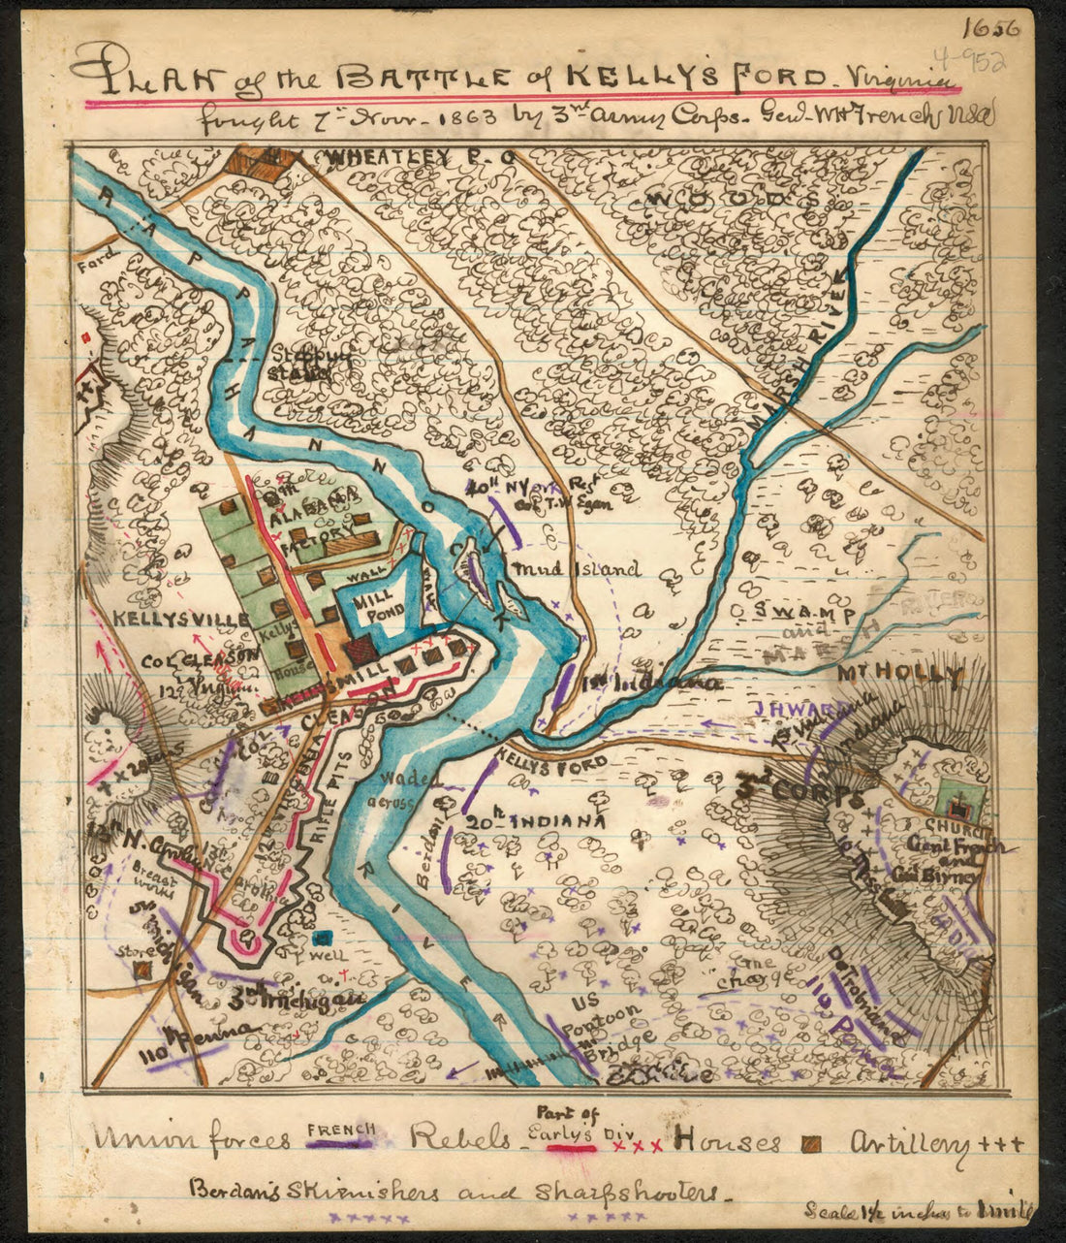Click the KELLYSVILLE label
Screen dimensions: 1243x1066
[x=160, y=618]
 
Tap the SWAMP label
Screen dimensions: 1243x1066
[x=805, y=613]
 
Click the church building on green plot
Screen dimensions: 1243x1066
[x=959, y=805]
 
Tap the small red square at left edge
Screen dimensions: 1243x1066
[x=88, y=337]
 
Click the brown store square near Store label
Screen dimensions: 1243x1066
[x=143, y=969]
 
